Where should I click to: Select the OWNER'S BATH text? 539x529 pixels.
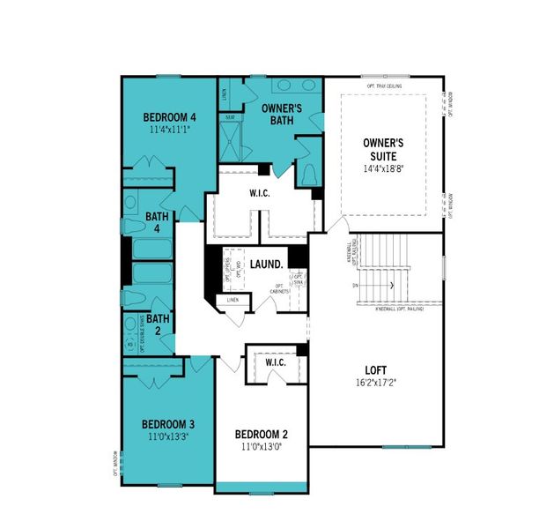coord(284,114)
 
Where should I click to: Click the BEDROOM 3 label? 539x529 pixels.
coord(169,422)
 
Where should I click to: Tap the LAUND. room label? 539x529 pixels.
coord(266,264)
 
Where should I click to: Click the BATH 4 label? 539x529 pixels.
coord(157,221)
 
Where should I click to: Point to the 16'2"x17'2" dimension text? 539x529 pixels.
coord(376,383)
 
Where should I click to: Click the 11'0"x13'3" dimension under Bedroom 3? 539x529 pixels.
coord(169,435)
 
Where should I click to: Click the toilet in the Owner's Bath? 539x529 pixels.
coord(309,175)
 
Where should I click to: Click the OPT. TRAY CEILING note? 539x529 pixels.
coord(384,86)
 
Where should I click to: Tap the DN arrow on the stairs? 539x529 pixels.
coord(356,287)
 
